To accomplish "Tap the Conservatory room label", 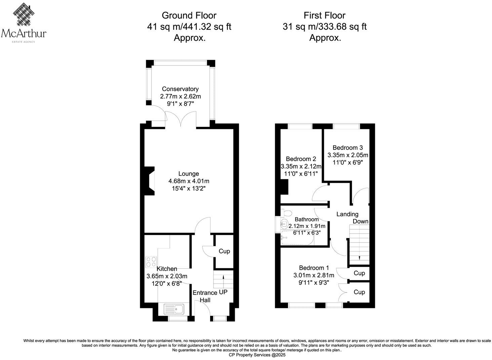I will coord(180,89).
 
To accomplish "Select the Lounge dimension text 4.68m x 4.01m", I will coord(189,181).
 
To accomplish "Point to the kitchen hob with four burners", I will coord(151,262).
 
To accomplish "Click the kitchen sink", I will coord(174,309).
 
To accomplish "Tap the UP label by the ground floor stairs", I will coord(223,292).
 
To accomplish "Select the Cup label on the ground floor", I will coord(224,251).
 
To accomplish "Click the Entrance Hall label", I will coord(205,296).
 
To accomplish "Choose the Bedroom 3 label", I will coord(347,147).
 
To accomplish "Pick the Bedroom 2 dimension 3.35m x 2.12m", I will coord(301,166).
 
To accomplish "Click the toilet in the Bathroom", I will coord(287,213).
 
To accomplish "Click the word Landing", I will coord(347,214).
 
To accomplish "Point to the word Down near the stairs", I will coord(360,221).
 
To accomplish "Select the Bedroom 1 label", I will coord(314,268).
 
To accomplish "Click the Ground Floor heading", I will coord(189,15).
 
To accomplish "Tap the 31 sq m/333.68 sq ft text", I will coord(324,27).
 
